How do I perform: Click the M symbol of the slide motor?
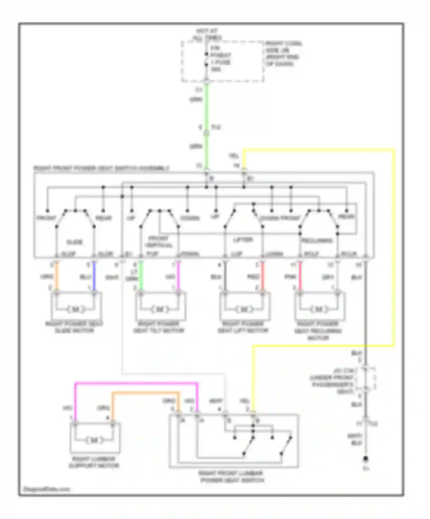coord(76,309)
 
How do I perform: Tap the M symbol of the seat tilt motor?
coord(160,309)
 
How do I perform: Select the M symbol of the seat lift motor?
coord(244,309)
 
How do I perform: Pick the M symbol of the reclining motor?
coord(318,309)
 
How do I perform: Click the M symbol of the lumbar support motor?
coord(94,440)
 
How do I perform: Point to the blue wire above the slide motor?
coord(94,277)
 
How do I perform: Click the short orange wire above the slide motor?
coord(56,277)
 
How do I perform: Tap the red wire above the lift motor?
coord(263,277)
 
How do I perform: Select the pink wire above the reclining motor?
coord(300,277)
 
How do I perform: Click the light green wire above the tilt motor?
coord(141,277)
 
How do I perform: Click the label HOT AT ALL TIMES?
coord(207,34)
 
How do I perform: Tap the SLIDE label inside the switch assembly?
coord(75,242)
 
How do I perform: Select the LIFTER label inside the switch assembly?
coord(243,239)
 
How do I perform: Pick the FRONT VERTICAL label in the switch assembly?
coord(159,242)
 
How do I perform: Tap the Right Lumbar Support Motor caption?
coord(94,462)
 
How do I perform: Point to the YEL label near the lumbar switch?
coord(245,401)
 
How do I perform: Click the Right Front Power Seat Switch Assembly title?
coord(101,168)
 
